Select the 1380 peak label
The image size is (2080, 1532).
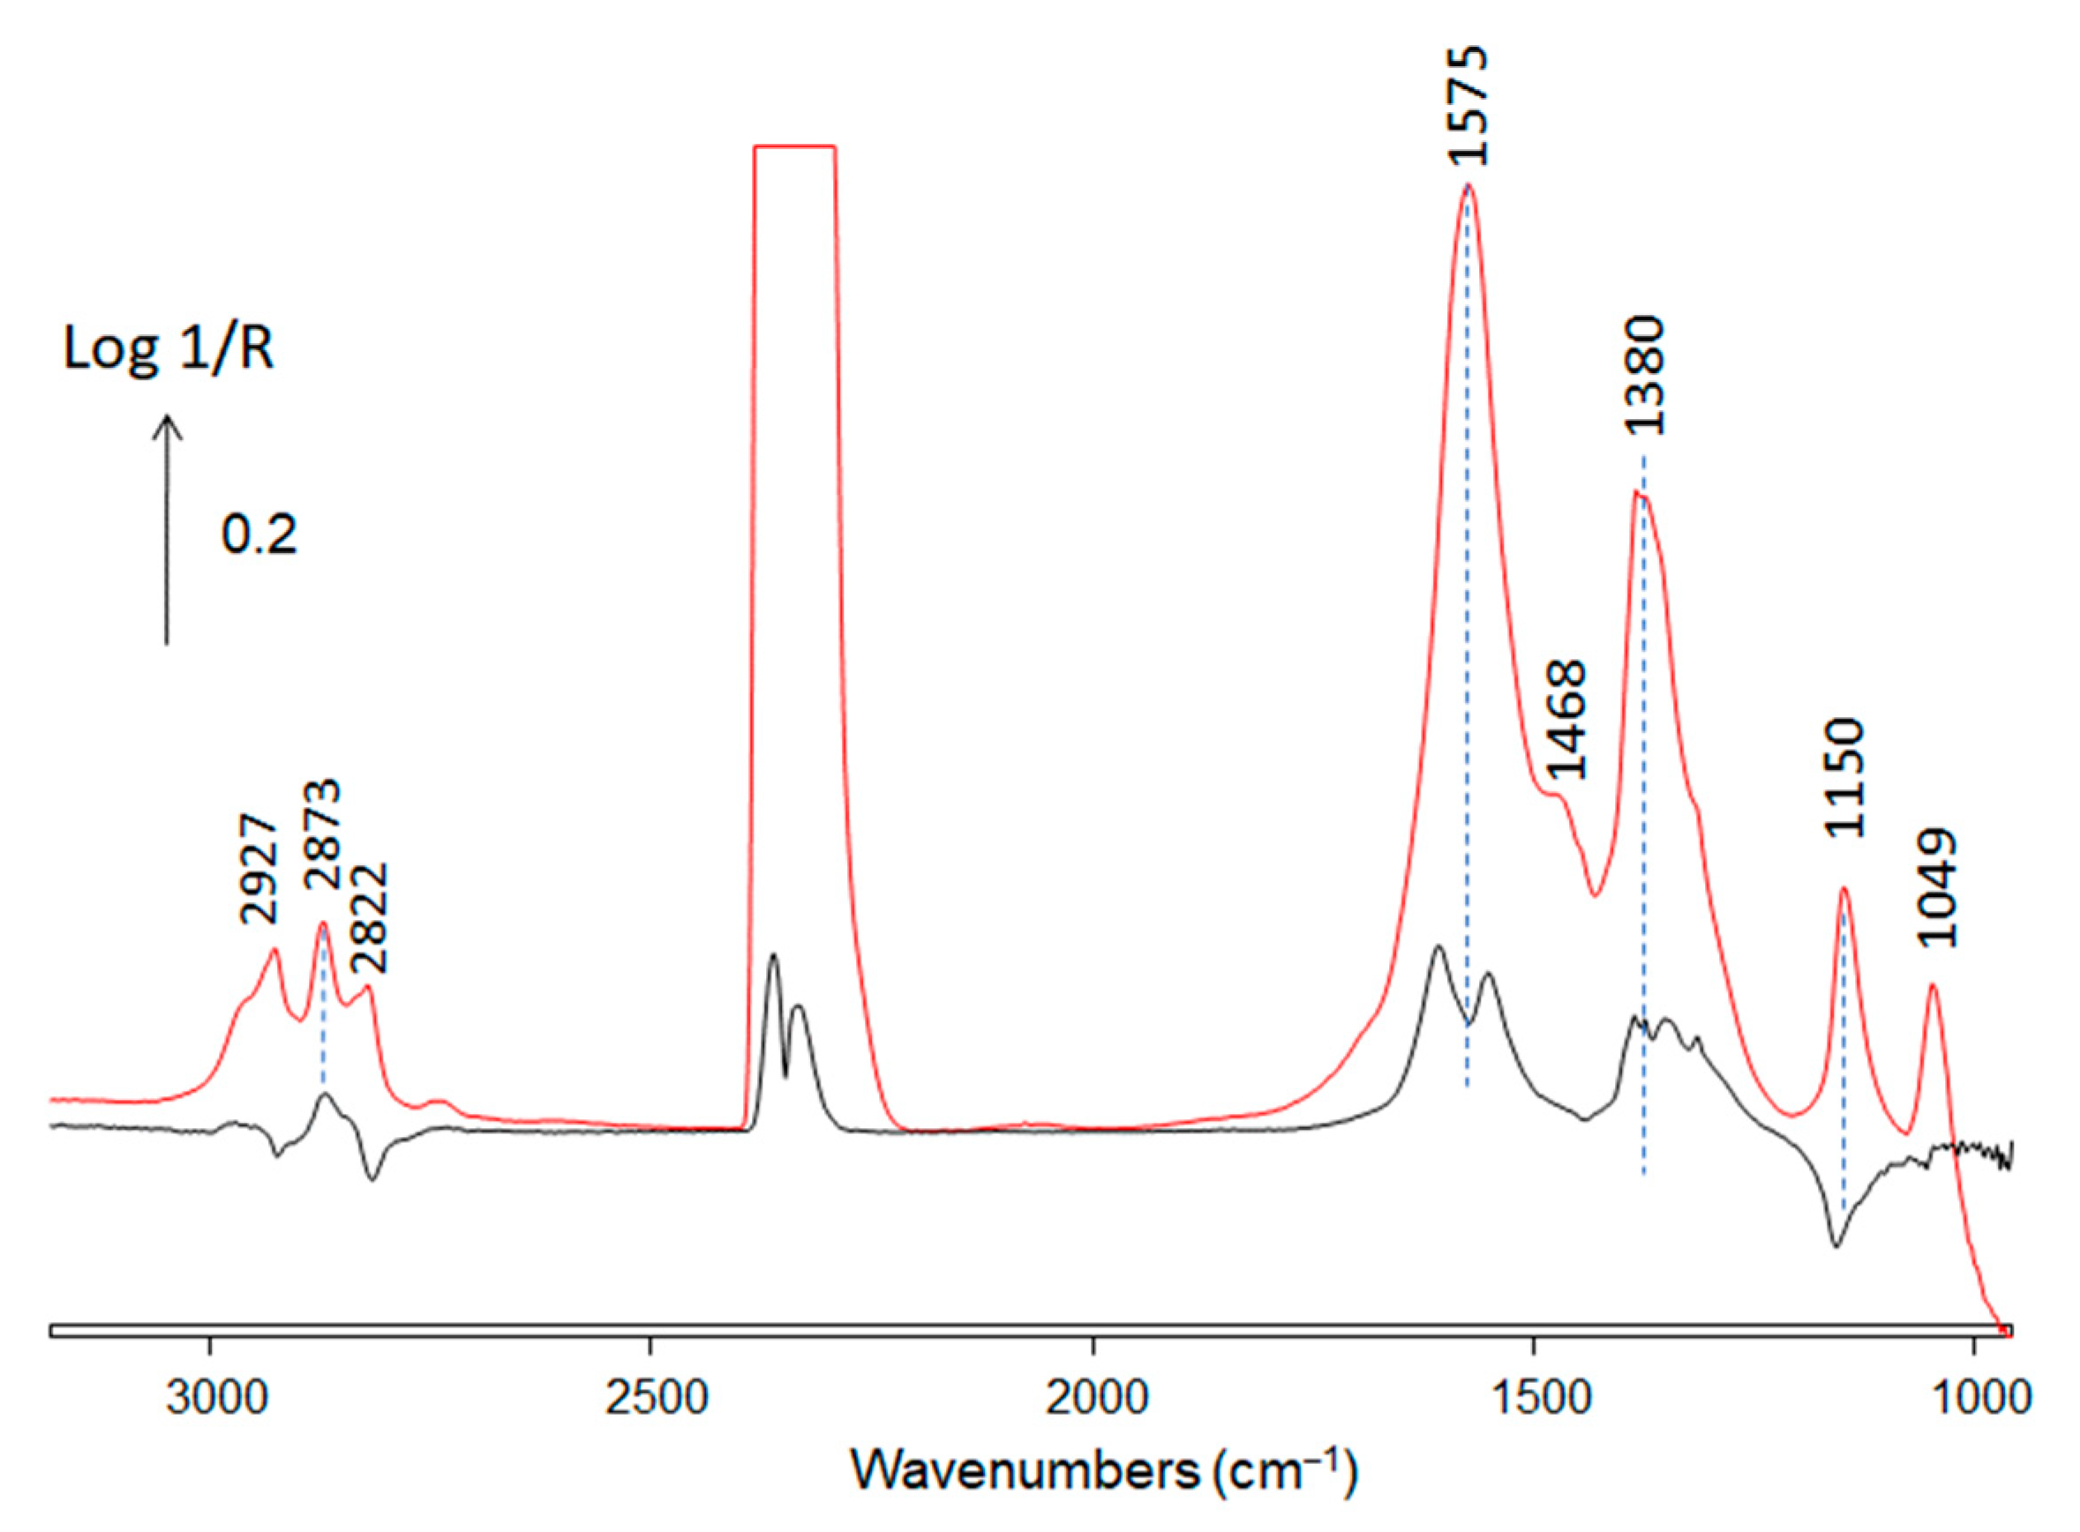(x=1644, y=376)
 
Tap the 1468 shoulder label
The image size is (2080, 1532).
(x=1568, y=720)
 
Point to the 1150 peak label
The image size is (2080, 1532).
(x=1844, y=777)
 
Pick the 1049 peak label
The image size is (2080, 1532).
(x=1937, y=887)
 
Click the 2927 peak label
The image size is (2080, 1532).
(x=259, y=869)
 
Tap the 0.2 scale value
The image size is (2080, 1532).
(x=259, y=535)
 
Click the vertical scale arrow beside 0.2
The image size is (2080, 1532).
(x=167, y=528)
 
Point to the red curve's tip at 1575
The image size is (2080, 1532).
(x=1468, y=184)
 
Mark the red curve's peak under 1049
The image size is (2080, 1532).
(x=1934, y=986)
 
